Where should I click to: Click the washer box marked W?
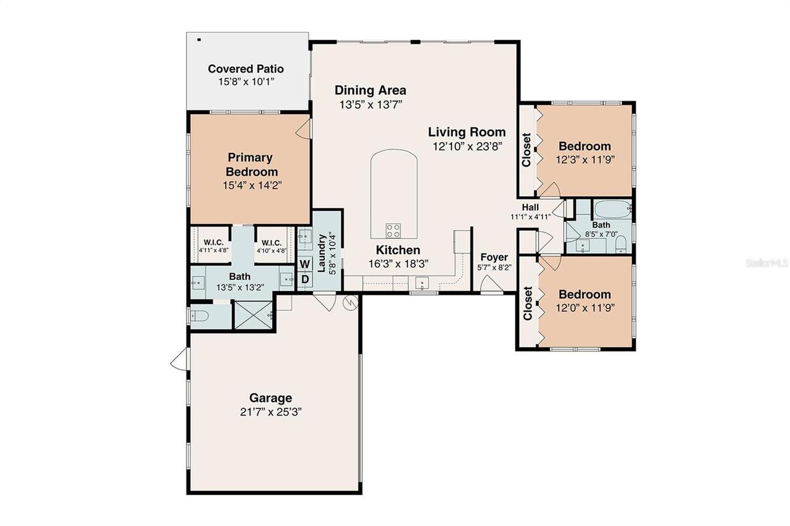point(305,264)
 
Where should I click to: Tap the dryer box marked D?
point(305,279)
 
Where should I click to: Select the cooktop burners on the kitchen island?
point(393,231)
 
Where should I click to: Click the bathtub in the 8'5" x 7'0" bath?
point(612,208)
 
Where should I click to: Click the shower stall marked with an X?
point(254,315)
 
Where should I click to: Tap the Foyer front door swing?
point(491,285)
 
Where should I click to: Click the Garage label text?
point(270,398)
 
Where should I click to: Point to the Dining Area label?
point(370,90)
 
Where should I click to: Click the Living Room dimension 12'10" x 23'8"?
point(467,146)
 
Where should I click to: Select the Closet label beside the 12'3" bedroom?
point(526,150)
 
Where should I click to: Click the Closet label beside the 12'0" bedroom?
point(528,303)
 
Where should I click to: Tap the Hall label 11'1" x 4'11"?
point(530,212)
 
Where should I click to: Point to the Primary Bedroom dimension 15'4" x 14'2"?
point(251,185)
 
